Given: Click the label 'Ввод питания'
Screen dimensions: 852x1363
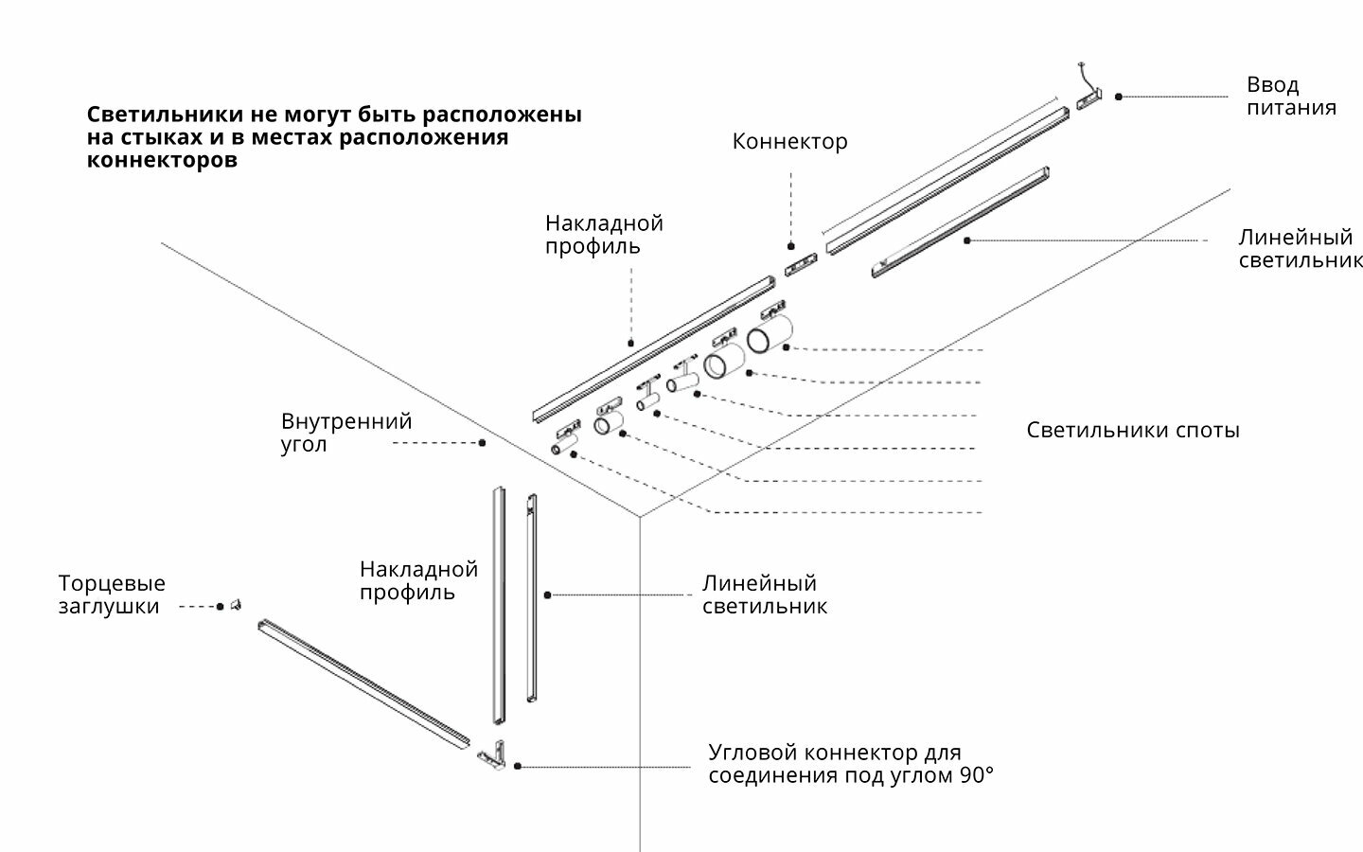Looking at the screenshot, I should pos(1290,97).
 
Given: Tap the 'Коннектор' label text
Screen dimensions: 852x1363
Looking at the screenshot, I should pos(789,142).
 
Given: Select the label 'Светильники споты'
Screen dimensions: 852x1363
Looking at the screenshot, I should pos(1132,431).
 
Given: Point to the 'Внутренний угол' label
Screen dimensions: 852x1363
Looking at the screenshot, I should pos(345,433).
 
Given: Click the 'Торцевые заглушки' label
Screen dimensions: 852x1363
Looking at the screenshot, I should pos(111,595).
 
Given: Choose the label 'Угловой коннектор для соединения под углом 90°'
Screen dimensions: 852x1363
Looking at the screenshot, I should pos(851,764).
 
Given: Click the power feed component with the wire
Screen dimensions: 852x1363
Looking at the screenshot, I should pos(1090,97).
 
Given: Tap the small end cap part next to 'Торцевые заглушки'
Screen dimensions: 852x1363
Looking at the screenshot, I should pos(236,604).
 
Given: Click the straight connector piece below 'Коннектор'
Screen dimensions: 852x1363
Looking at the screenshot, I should pos(801,264).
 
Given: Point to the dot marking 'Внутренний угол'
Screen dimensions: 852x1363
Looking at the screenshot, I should pos(482,442).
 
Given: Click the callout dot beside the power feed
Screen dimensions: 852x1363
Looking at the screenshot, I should pos(1118,97).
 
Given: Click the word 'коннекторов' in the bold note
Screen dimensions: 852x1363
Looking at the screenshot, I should pos(162,160).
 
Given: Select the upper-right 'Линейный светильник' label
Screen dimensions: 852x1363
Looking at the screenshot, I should pos(1300,249).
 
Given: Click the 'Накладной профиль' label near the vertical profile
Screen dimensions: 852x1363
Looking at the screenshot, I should pos(418,581).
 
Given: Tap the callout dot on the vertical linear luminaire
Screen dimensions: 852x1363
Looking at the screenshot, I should pos(547,595).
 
